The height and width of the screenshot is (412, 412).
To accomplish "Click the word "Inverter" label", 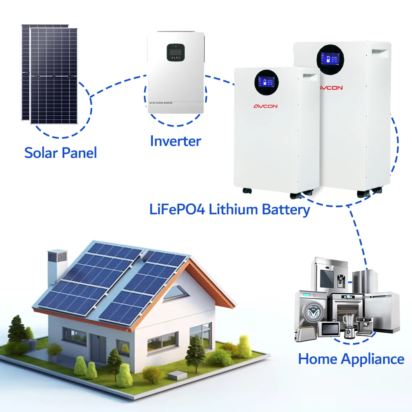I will pyautogui.click(x=176, y=141).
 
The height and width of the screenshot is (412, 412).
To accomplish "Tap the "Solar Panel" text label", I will pyautogui.click(x=61, y=153).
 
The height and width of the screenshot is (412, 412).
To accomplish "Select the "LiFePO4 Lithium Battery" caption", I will pyautogui.click(x=229, y=209).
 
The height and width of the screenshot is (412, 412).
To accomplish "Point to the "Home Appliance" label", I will pyautogui.click(x=351, y=359).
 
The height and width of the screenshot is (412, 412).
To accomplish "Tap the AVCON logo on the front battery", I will pyautogui.click(x=265, y=106).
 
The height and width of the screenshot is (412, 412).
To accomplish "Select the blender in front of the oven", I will pyautogui.click(x=349, y=325).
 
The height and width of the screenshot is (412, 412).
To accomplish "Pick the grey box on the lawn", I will pyautogui.click(x=177, y=376).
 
